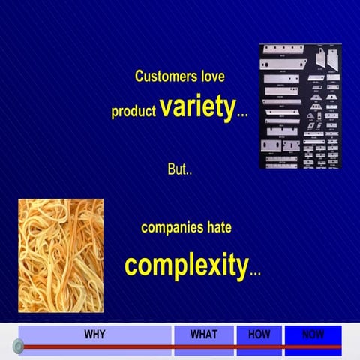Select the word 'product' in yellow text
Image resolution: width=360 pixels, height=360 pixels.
coord(134,112)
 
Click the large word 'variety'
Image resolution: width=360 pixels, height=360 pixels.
coord(196,108)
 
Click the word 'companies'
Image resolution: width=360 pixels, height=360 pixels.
coord(172,227)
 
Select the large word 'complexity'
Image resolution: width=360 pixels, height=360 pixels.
coord(186,265)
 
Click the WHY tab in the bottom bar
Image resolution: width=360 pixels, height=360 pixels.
coord(94,334)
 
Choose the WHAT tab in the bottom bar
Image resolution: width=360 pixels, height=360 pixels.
coord(203,334)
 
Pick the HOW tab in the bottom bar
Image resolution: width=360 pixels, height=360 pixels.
coord(259,334)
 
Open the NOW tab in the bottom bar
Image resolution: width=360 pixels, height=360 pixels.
coord(313,334)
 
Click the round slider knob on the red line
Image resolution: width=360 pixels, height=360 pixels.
coord(19,346)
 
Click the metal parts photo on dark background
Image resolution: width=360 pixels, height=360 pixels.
coord(299,106)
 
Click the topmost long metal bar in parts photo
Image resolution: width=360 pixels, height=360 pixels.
coord(283,50)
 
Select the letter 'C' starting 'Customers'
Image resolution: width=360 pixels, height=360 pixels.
coord(139,76)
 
